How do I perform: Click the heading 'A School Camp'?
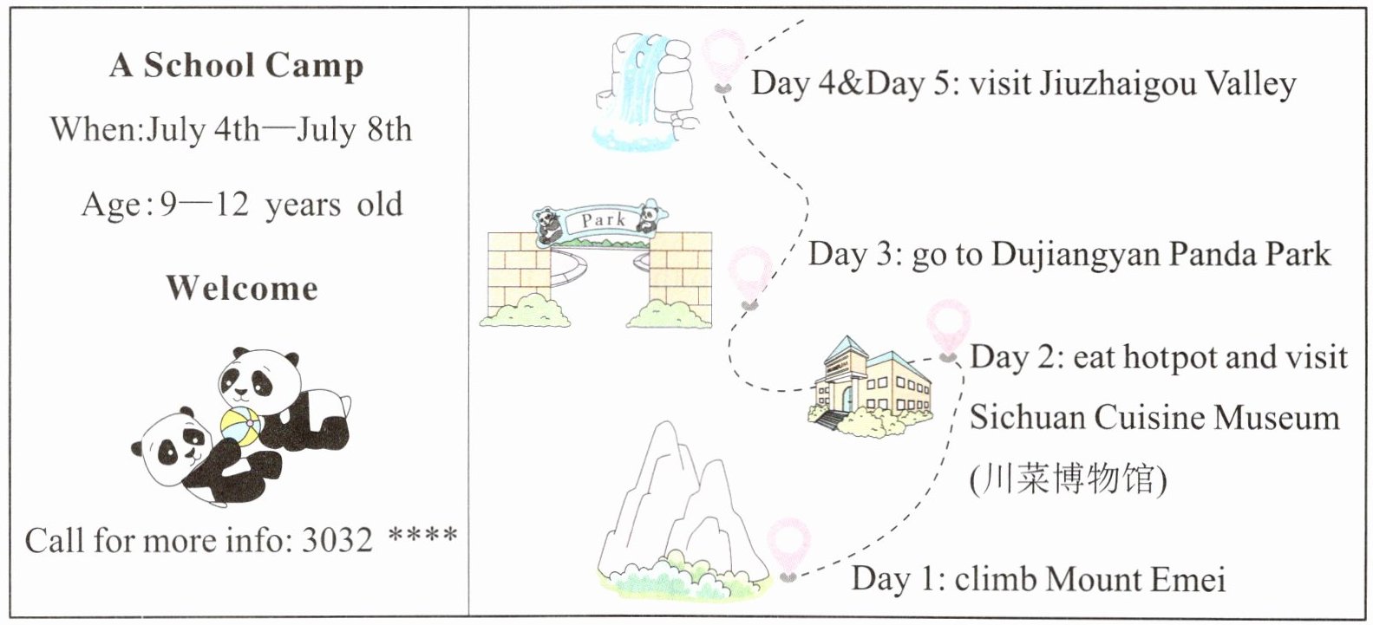tap(237, 66)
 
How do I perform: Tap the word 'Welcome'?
tap(242, 288)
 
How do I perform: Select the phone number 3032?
tap(337, 540)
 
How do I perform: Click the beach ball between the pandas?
tap(241, 424)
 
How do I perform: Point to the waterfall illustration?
tap(647, 92)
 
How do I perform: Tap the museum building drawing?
tap(871, 386)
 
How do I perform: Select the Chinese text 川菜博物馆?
tap(1069, 479)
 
